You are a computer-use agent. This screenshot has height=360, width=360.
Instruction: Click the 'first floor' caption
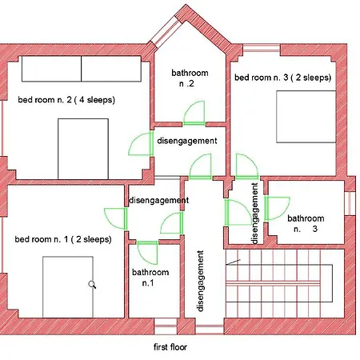coord(170,347)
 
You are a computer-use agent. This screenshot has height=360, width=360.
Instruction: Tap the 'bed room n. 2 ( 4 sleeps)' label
coord(66,100)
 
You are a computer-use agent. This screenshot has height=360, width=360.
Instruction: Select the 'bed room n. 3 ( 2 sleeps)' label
coord(282,78)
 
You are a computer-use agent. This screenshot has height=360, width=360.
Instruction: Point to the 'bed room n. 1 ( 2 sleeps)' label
coord(63,239)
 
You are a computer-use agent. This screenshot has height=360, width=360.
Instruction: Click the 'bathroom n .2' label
coord(190,78)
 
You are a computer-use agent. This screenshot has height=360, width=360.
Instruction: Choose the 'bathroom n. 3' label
coord(306,223)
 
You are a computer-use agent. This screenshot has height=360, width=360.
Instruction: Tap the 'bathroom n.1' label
coord(150,278)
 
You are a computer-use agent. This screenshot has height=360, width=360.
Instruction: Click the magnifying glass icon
coord(92,285)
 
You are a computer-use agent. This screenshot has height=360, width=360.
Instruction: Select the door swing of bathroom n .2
coord(194,113)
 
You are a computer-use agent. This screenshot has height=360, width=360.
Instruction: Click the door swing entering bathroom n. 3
coord(277,209)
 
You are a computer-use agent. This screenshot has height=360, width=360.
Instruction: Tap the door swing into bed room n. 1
coord(115,218)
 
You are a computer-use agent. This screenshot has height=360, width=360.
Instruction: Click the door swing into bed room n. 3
coord(247,166)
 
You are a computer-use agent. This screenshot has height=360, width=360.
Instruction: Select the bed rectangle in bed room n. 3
coord(306,117)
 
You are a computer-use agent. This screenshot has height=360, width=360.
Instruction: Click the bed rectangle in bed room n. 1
coord(68,287)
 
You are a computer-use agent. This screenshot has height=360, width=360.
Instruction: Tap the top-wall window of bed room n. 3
coord(262,50)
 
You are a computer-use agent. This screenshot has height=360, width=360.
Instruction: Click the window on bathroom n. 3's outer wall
coord(350,203)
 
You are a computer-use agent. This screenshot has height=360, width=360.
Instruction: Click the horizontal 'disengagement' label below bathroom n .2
coord(187,141)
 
